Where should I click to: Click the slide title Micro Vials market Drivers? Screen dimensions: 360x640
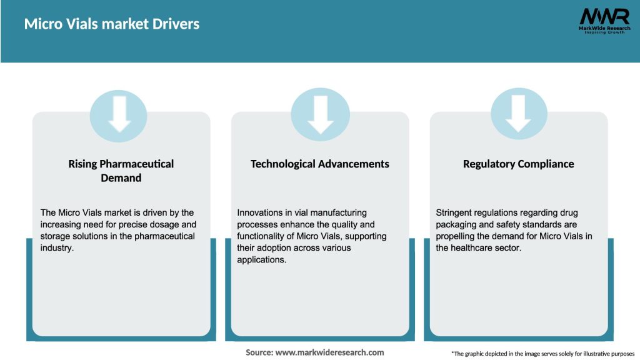click(x=112, y=24)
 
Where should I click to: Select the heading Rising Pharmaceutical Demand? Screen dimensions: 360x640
click(x=121, y=171)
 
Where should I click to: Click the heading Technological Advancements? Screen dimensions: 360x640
click(x=320, y=164)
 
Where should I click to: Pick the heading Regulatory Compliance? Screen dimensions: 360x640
click(x=519, y=164)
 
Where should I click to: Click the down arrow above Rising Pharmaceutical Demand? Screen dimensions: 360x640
click(x=119, y=115)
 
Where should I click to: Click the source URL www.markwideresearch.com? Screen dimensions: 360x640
click(x=329, y=352)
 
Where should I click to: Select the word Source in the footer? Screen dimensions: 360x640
click(x=258, y=352)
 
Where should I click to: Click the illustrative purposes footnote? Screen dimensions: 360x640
click(x=542, y=354)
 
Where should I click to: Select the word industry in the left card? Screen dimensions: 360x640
click(x=57, y=248)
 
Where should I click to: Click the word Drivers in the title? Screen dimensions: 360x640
click(x=177, y=24)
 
